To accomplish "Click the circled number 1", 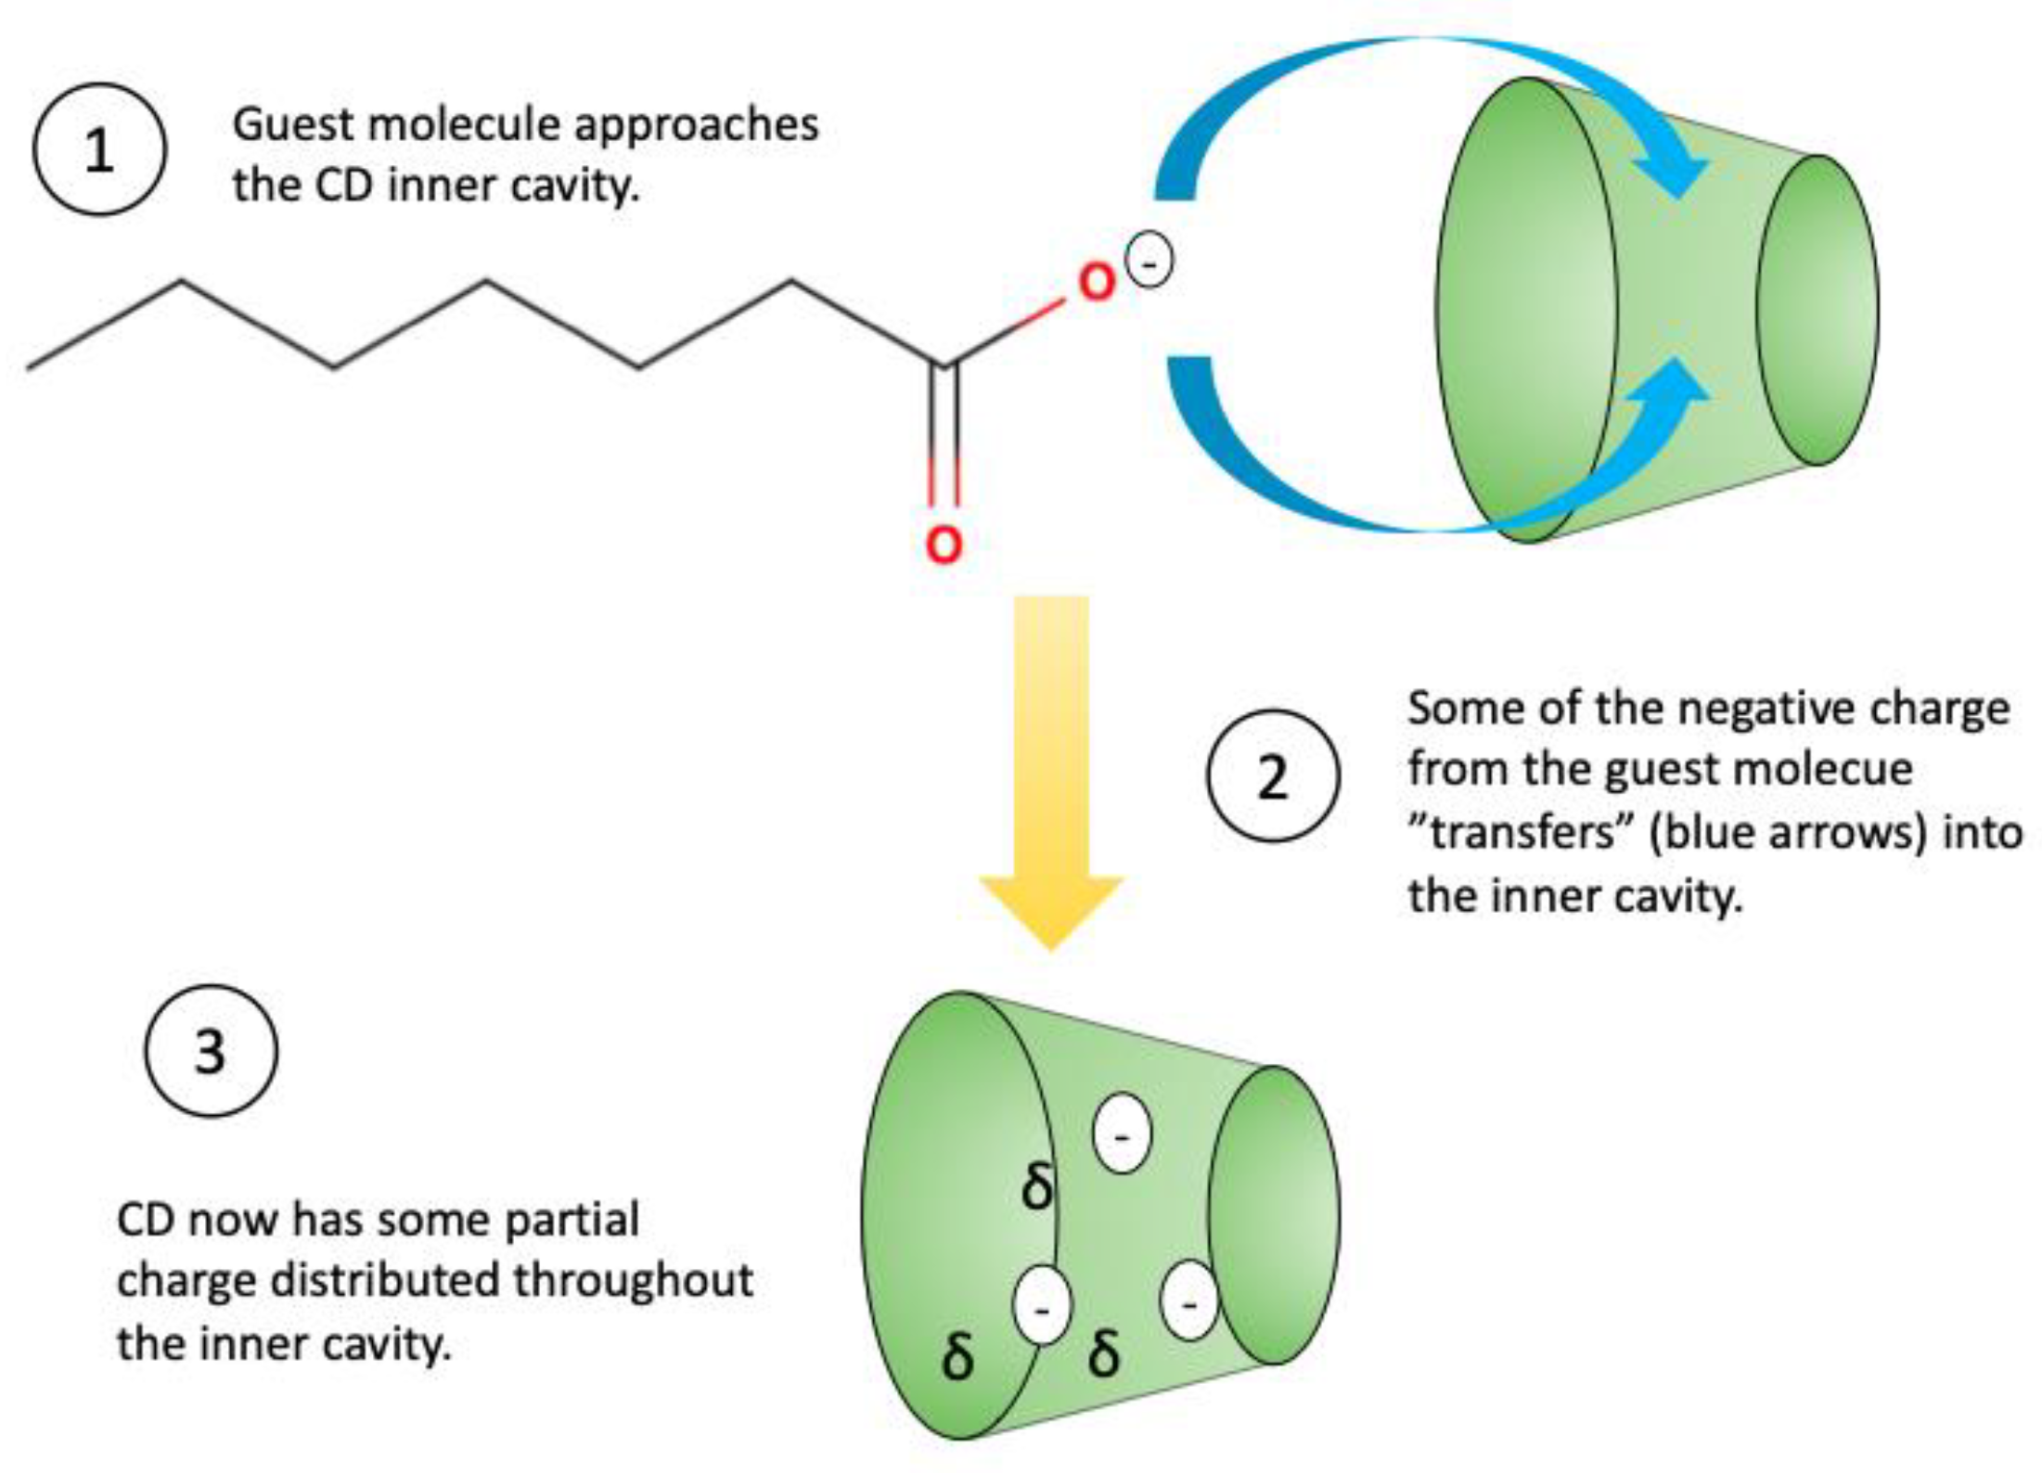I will pos(99,149).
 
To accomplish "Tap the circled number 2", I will pos(1272,775).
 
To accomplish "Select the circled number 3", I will pos(211,1050).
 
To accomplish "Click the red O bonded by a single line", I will pos(1096,283).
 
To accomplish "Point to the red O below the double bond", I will pos(944,544).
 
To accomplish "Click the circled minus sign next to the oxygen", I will pos(1149,262).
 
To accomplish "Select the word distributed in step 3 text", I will pos(385,1281).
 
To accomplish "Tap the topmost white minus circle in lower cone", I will pos(1122,1134).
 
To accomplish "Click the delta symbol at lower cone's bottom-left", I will pos(957,1357).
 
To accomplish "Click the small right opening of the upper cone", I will pos(1817,310).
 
